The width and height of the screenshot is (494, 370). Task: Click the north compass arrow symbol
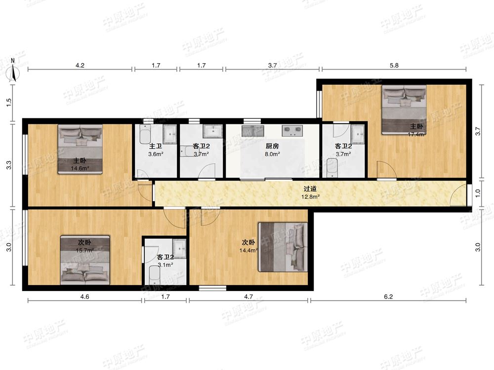[x=13, y=73]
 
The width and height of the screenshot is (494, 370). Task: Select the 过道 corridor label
[x=310, y=189]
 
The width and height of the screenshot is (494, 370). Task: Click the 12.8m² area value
[x=311, y=197]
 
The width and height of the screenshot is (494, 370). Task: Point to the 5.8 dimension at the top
[x=394, y=66]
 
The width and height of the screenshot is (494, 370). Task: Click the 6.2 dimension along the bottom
[x=388, y=296]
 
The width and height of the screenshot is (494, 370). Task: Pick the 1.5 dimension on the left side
[x=9, y=102]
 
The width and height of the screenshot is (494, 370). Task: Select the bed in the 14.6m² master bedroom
[x=81, y=149]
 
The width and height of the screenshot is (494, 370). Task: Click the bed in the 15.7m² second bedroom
[x=85, y=260]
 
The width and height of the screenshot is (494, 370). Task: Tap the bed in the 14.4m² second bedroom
[x=283, y=247]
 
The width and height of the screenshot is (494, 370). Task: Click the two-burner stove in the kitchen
[x=292, y=131]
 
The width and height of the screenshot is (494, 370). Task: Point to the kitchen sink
[x=252, y=131]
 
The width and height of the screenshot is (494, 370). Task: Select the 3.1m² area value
[x=165, y=265]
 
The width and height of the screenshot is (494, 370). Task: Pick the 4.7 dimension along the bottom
[x=248, y=296]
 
